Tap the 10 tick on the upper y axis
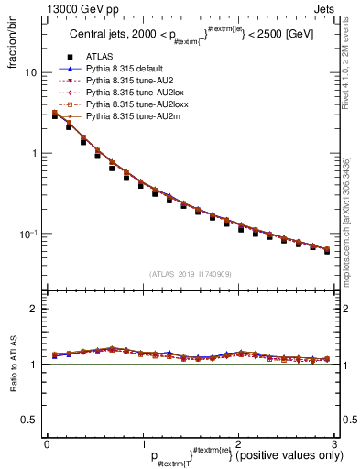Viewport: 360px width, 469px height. coord(32,72)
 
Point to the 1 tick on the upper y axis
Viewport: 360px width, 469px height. coord(35,153)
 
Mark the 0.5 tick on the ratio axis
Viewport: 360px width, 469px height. coord(30,420)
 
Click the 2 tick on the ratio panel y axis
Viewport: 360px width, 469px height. coord(35,309)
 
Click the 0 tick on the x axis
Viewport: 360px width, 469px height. coord(47,443)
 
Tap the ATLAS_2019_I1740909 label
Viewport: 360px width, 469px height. coord(190,274)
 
